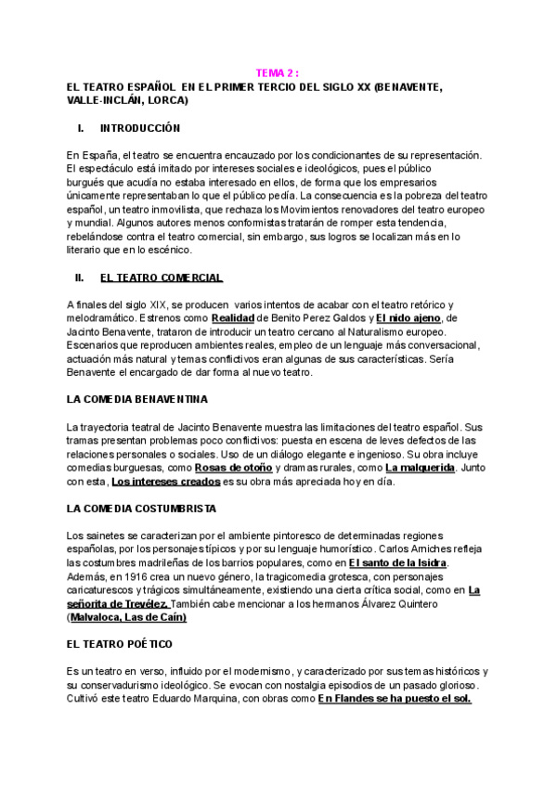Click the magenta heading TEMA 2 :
coord(278,73)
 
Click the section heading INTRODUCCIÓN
coord(139,128)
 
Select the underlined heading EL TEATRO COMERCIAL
coord(161,277)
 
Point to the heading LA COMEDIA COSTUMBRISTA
coord(141,509)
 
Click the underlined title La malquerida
coord(420,469)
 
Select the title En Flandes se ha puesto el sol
coord(395,699)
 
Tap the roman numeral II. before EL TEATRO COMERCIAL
coord(80,277)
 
